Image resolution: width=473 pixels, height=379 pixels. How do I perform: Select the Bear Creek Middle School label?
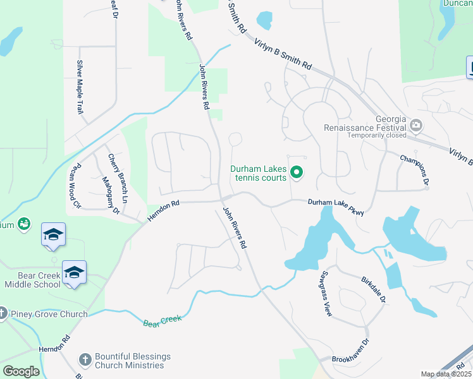tap(32, 280)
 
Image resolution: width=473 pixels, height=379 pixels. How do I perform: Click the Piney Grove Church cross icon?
tap(3, 314)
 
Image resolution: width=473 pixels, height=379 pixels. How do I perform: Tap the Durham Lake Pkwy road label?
tap(336, 207)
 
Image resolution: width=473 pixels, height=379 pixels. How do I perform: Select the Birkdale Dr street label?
tap(372, 287)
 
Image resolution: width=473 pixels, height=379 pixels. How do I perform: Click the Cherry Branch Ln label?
tap(118, 179)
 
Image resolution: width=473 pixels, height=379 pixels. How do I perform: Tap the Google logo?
tap(21, 371)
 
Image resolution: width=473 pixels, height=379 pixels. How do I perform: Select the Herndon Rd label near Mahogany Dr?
tap(164, 211)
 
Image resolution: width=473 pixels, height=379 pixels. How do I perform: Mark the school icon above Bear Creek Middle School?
tap(53, 235)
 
